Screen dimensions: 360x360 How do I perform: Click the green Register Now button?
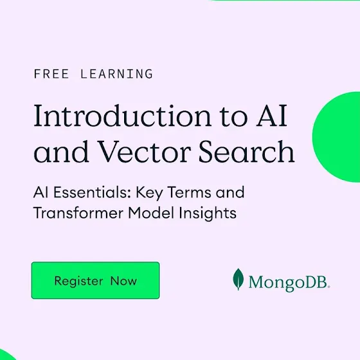(x=96, y=280)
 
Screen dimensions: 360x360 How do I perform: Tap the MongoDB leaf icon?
(x=239, y=279)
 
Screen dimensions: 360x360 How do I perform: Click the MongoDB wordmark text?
(x=289, y=282)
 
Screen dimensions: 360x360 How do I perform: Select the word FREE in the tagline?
(x=51, y=74)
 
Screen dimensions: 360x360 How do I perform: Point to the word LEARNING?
(x=116, y=74)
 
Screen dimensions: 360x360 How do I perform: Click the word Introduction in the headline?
(x=122, y=116)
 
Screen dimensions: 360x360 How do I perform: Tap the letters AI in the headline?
(x=271, y=116)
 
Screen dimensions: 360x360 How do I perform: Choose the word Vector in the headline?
(x=145, y=151)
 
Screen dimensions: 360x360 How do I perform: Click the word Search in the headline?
(x=246, y=151)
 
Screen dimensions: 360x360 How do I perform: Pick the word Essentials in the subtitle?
(x=92, y=192)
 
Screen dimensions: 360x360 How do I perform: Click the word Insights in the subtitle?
(x=208, y=213)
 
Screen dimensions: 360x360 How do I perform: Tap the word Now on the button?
(x=123, y=281)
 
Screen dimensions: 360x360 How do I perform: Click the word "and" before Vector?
(x=61, y=151)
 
